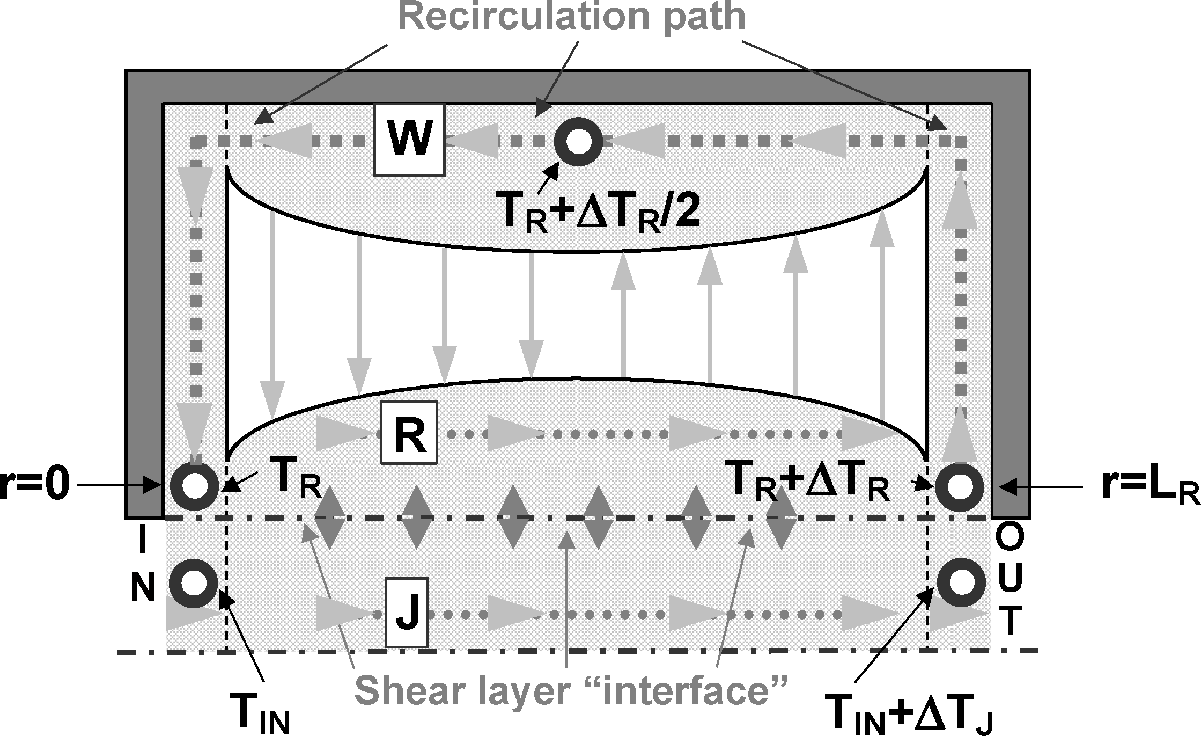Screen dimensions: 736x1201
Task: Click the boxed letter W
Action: tap(409, 141)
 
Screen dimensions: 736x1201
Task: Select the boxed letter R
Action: tap(409, 433)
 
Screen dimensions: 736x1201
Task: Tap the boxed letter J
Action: tap(407, 613)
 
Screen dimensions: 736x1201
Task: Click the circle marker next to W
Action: tap(579, 141)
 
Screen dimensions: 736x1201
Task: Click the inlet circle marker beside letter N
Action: tap(194, 584)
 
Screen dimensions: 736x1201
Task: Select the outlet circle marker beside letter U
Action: tap(962, 583)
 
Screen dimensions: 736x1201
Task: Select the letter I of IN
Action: tap(142, 542)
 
